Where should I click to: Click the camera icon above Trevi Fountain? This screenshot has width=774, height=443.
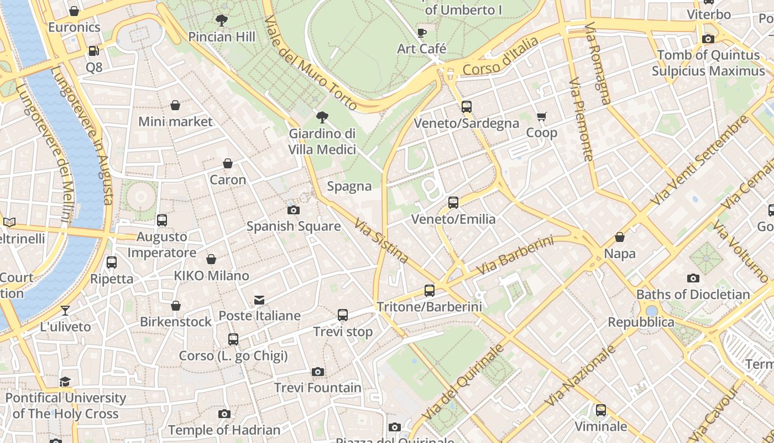317,372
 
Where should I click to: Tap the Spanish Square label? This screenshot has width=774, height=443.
293,226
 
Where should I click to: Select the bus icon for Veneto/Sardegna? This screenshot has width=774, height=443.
467,107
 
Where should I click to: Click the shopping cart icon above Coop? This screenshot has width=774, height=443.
541,116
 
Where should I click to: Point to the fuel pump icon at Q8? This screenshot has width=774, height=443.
94,51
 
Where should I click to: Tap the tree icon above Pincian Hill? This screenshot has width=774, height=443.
222,21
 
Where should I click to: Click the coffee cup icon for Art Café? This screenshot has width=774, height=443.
422,33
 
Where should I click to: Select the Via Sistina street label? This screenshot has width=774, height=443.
381,240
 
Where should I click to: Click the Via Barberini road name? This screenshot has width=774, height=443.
515,255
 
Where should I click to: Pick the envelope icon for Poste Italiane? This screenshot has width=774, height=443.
259,300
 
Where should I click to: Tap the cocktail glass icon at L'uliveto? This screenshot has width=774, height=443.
65,311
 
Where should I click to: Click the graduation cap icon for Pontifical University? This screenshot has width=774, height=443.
65,382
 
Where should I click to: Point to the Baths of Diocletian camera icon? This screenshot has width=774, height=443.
693,278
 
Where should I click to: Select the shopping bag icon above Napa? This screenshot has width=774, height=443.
620,238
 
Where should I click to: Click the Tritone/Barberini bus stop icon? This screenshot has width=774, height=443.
429,290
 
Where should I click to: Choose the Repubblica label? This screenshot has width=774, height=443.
641,322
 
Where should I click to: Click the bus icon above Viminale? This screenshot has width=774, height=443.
601,410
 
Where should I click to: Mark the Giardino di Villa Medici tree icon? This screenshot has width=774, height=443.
322,117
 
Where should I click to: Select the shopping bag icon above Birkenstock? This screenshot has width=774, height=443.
176,306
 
